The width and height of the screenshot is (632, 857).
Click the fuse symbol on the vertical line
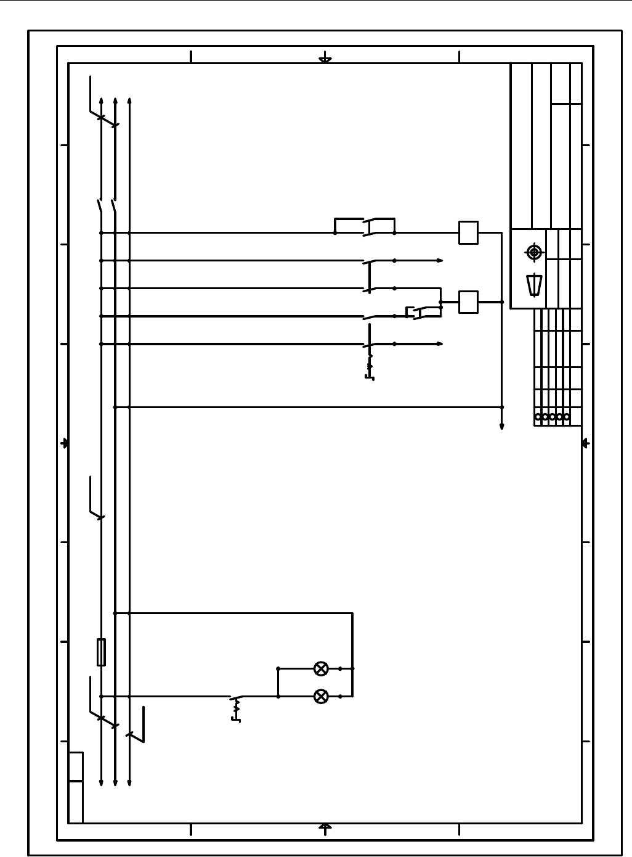pyautogui.click(x=101, y=652)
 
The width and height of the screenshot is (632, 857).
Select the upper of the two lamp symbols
pyautogui.click(x=321, y=668)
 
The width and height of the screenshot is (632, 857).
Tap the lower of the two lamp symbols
pyautogui.click(x=321, y=697)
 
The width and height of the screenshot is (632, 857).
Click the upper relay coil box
pyautogui.click(x=468, y=232)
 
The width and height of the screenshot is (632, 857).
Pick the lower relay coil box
pyautogui.click(x=468, y=302)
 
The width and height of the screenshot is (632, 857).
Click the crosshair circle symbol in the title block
pyautogui.click(x=533, y=252)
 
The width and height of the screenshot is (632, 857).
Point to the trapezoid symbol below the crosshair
pyautogui.click(x=534, y=285)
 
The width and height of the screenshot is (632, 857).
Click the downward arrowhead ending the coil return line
pyautogui.click(x=502, y=426)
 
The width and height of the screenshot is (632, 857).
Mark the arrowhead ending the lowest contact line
pyautogui.click(x=440, y=344)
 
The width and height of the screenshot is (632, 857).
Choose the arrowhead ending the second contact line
pyautogui.click(x=440, y=261)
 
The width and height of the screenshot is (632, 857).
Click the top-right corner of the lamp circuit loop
pyautogui.click(x=352, y=613)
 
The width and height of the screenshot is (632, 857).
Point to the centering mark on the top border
pyautogui.click(x=325, y=60)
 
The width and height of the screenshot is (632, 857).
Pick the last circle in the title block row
pyautogui.click(x=567, y=417)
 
